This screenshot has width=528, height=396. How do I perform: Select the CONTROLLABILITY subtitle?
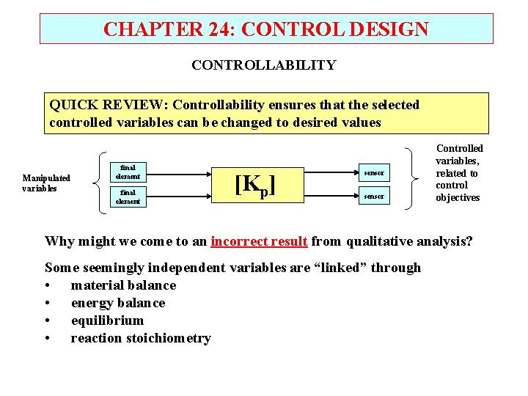pos(263,65)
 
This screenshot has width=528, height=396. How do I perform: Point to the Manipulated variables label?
pos(46,183)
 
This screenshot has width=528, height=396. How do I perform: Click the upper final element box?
pos(128,172)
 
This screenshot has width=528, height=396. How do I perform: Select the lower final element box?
pos(128,197)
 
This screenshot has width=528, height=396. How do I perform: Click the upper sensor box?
pos(373,173)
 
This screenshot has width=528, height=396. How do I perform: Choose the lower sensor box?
pos(373,197)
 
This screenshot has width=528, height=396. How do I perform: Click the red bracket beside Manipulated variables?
pos(100,183)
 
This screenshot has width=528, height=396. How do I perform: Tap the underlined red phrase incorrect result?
pos(259,241)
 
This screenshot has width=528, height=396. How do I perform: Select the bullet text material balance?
pos(123,285)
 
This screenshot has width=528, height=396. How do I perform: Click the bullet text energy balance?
pos(118,303)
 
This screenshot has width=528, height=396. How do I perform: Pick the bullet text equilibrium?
pos(107,320)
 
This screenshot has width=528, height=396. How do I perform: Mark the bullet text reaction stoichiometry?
pos(141,338)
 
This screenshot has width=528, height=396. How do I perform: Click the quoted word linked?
pos(340,268)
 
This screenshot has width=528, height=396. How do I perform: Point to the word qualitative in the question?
pos(381,241)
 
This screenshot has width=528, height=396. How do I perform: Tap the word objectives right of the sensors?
pos(458,197)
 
